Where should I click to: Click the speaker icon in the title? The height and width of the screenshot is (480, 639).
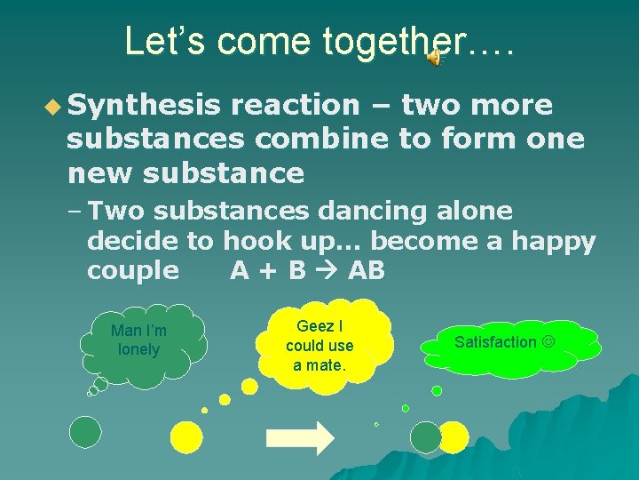[x=433, y=58]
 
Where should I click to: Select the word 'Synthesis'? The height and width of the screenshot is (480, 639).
[x=144, y=106]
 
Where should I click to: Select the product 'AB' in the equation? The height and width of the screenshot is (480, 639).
[x=367, y=270]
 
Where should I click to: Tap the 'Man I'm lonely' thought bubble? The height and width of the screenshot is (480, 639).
[x=139, y=340]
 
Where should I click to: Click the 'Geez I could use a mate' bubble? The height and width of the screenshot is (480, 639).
[x=319, y=346]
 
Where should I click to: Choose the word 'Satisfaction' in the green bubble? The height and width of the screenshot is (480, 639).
[x=495, y=342]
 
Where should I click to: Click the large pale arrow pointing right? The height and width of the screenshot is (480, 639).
[x=300, y=437]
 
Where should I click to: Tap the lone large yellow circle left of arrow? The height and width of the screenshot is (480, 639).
[x=186, y=436]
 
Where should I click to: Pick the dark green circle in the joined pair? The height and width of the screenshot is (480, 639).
[x=425, y=436]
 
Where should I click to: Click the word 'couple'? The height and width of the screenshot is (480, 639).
[x=133, y=270]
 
